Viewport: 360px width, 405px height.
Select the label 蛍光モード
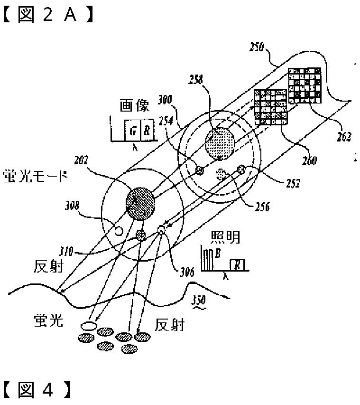[35, 177]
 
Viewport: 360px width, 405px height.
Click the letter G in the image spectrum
[132, 131]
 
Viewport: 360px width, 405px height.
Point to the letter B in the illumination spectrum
[217, 254]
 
